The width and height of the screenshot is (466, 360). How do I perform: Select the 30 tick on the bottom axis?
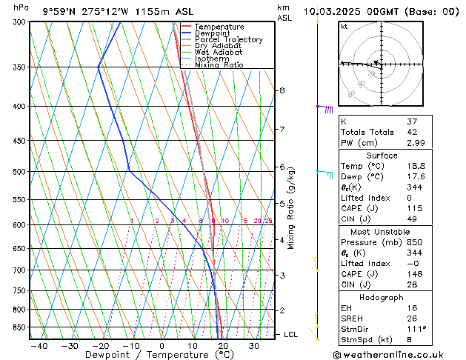click(253, 345)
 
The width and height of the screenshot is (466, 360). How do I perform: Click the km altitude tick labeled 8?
click(282, 90)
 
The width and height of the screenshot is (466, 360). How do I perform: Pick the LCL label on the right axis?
click(291, 335)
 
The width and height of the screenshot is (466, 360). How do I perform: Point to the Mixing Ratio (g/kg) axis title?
click(291, 208)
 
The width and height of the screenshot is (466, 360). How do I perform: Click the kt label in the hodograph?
click(344, 27)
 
